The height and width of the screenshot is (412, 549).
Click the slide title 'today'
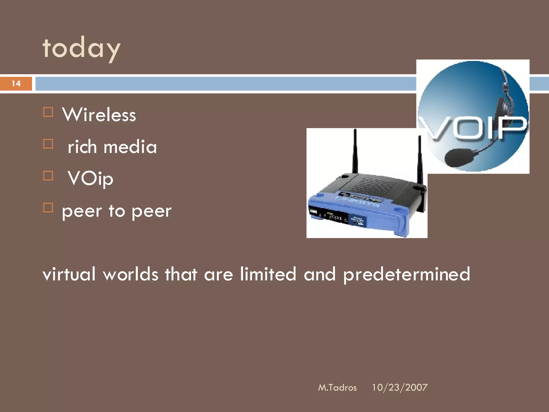(81, 48)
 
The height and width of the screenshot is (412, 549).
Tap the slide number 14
(16, 83)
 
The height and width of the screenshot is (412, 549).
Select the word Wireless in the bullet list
(99, 115)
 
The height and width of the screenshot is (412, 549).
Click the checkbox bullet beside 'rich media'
(48, 144)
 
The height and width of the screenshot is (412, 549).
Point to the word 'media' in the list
(130, 147)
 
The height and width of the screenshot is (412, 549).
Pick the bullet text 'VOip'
(90, 178)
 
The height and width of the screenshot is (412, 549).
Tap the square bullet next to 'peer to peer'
(48, 208)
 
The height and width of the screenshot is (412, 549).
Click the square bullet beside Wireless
(48, 112)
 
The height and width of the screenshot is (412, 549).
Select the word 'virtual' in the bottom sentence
(69, 274)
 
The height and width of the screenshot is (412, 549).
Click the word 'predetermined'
(407, 275)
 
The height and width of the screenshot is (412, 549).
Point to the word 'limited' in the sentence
(268, 274)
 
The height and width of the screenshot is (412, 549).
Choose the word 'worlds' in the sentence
(131, 274)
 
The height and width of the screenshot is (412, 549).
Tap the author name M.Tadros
(337, 388)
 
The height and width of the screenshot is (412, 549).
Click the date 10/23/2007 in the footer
(399, 388)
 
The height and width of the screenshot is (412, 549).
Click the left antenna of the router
(355, 152)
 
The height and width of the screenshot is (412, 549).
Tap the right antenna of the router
(420, 161)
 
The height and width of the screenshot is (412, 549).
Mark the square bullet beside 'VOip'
(48, 176)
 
